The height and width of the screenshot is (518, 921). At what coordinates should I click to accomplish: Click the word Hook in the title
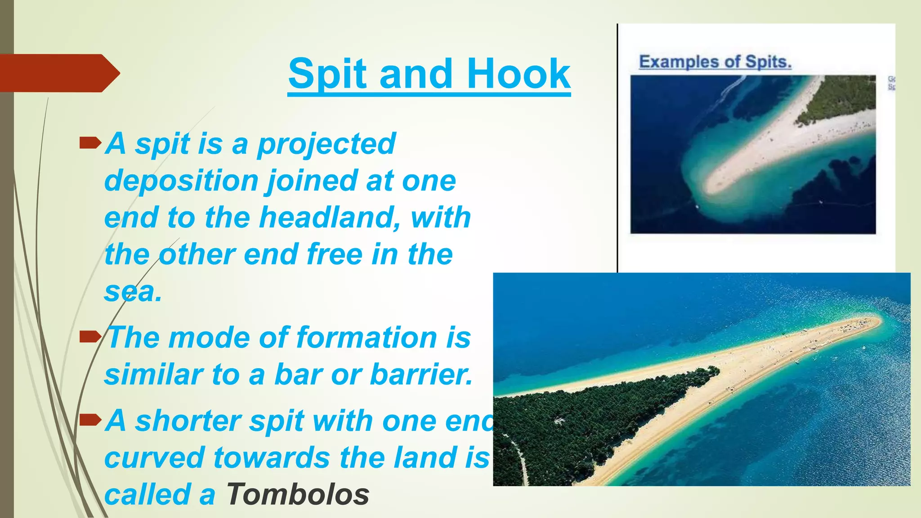click(x=519, y=74)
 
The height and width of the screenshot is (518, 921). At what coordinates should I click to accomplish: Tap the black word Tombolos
click(x=297, y=494)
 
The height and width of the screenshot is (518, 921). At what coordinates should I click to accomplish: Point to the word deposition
click(x=181, y=181)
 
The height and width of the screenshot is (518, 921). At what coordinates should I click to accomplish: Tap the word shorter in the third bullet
click(x=188, y=421)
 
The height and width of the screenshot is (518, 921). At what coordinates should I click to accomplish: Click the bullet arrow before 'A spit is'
click(x=89, y=143)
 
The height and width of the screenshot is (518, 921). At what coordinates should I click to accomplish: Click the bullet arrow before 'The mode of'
click(x=89, y=336)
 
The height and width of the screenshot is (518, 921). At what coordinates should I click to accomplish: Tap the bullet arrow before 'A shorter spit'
click(x=89, y=420)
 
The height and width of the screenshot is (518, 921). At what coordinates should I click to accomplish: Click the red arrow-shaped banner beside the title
click(x=58, y=73)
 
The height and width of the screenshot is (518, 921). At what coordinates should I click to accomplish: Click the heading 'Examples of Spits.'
click(x=715, y=62)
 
